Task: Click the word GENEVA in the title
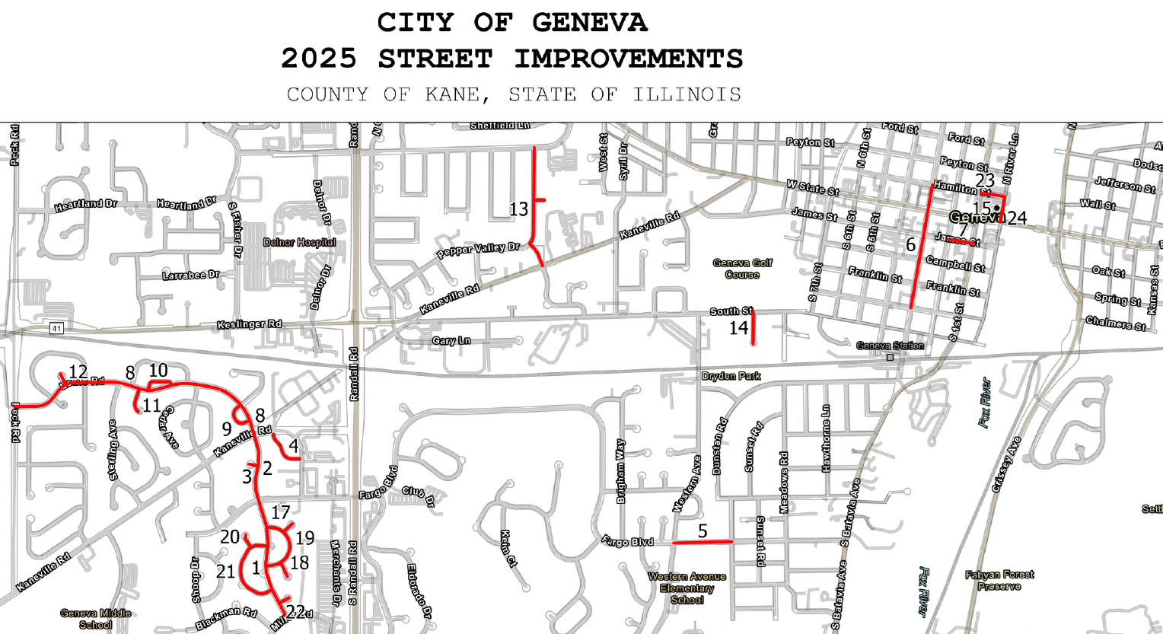pos(589,23)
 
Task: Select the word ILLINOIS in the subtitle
pos(687,94)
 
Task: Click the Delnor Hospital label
pos(299,243)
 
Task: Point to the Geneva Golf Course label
pos(742,269)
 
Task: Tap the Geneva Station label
pos(890,346)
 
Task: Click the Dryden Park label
pos(731,376)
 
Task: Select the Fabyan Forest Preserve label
pos(999,581)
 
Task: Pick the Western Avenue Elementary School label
pos(687,588)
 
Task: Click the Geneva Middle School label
pos(96,619)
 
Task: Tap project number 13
pos(518,209)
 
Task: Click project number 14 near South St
pos(738,328)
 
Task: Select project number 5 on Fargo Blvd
pos(703,530)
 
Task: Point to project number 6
pos(910,245)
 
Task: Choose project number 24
pos(1017,219)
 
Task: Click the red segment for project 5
pos(703,542)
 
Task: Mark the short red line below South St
pos(753,330)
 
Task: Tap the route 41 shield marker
pos(56,328)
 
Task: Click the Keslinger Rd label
pos(249,324)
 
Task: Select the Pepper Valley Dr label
pos(477,250)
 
